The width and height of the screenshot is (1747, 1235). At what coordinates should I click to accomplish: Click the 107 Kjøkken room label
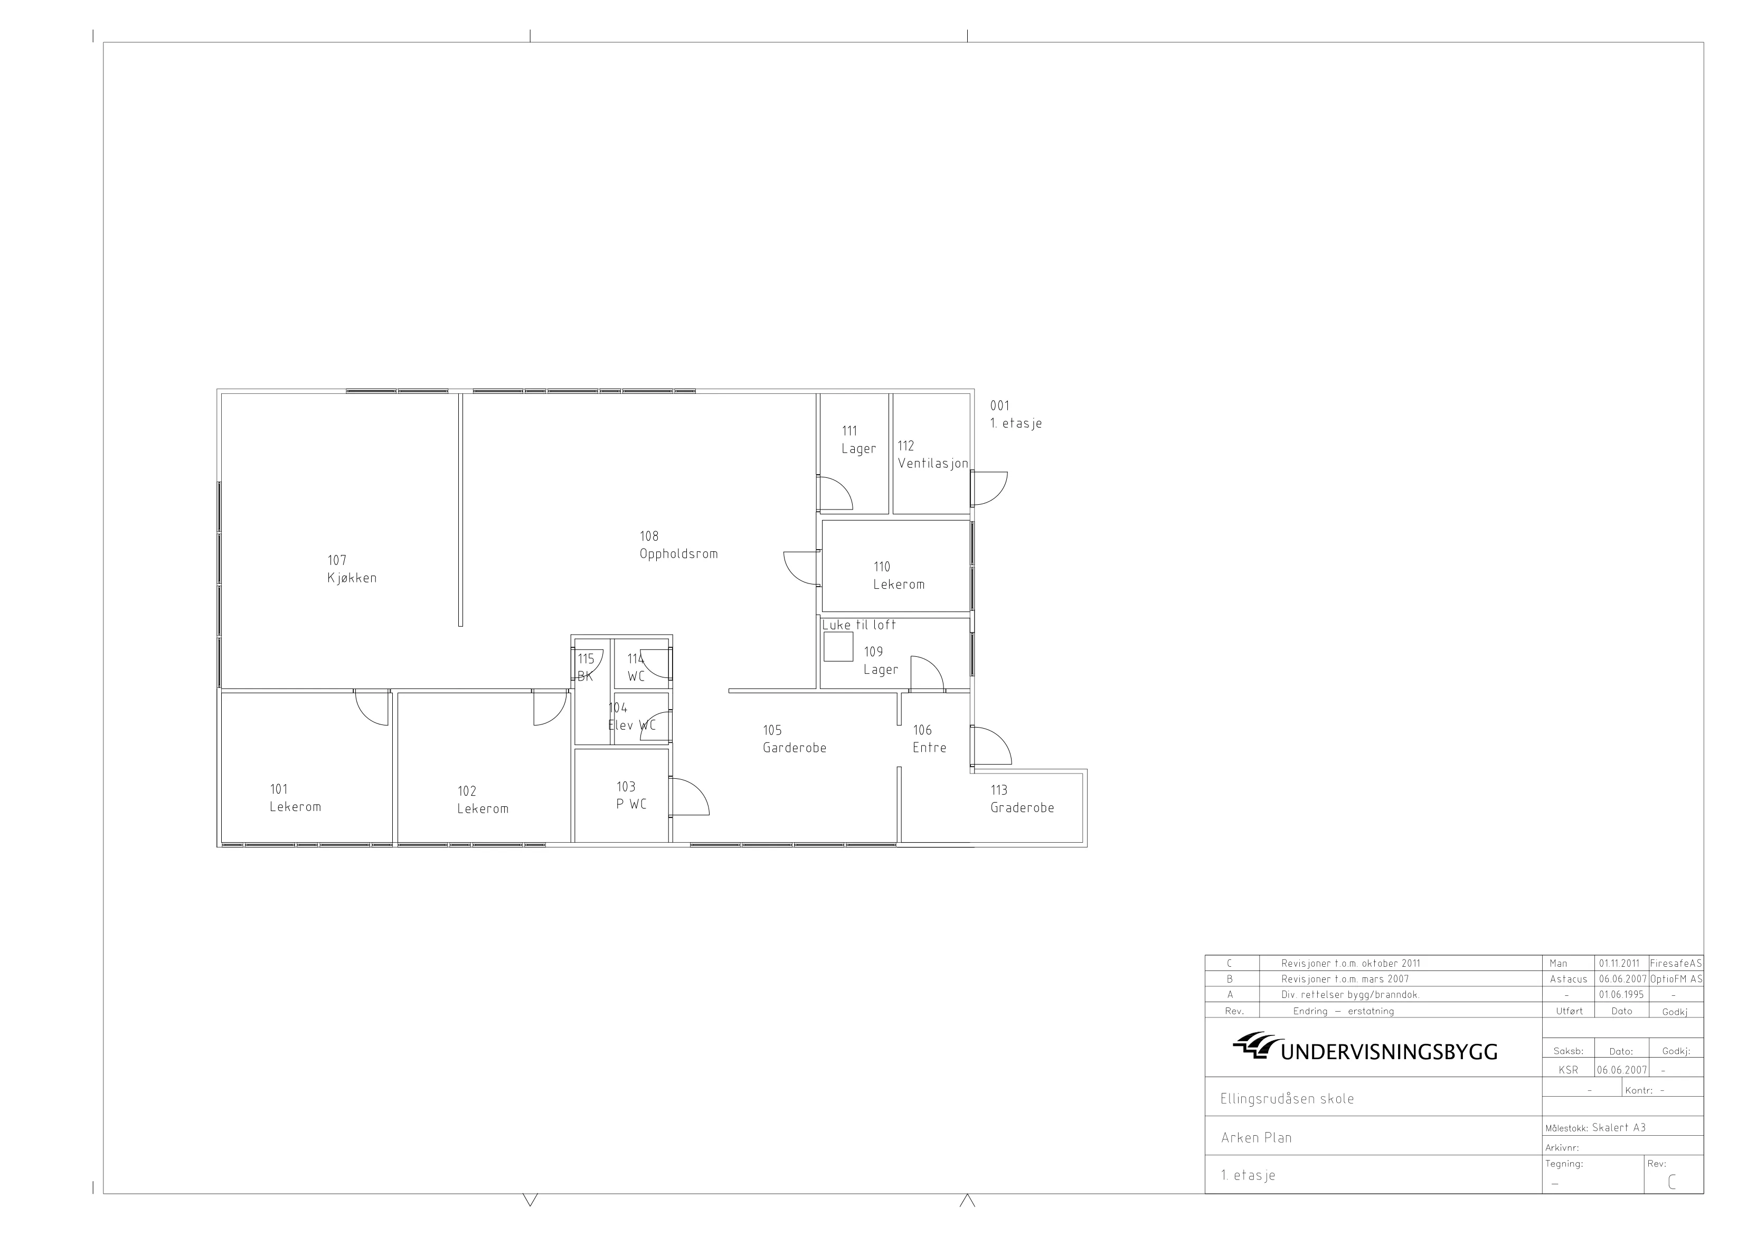point(352,569)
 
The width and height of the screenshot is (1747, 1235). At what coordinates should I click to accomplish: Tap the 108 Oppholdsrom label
point(678,545)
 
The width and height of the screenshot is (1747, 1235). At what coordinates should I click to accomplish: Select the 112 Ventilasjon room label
point(933,454)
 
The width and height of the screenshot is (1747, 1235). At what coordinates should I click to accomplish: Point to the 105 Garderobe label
point(795,739)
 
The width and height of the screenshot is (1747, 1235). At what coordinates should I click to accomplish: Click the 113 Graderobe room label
point(1022,799)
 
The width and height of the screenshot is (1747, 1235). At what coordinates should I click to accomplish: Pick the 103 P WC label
point(631,795)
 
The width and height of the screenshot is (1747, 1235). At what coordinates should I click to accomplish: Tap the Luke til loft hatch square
point(838,646)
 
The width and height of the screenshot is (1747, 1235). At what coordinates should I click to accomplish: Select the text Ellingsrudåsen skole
point(1287,1099)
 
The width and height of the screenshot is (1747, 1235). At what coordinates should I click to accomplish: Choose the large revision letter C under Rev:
point(1671,1182)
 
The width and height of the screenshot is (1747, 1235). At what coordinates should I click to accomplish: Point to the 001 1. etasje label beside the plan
point(1016,414)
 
